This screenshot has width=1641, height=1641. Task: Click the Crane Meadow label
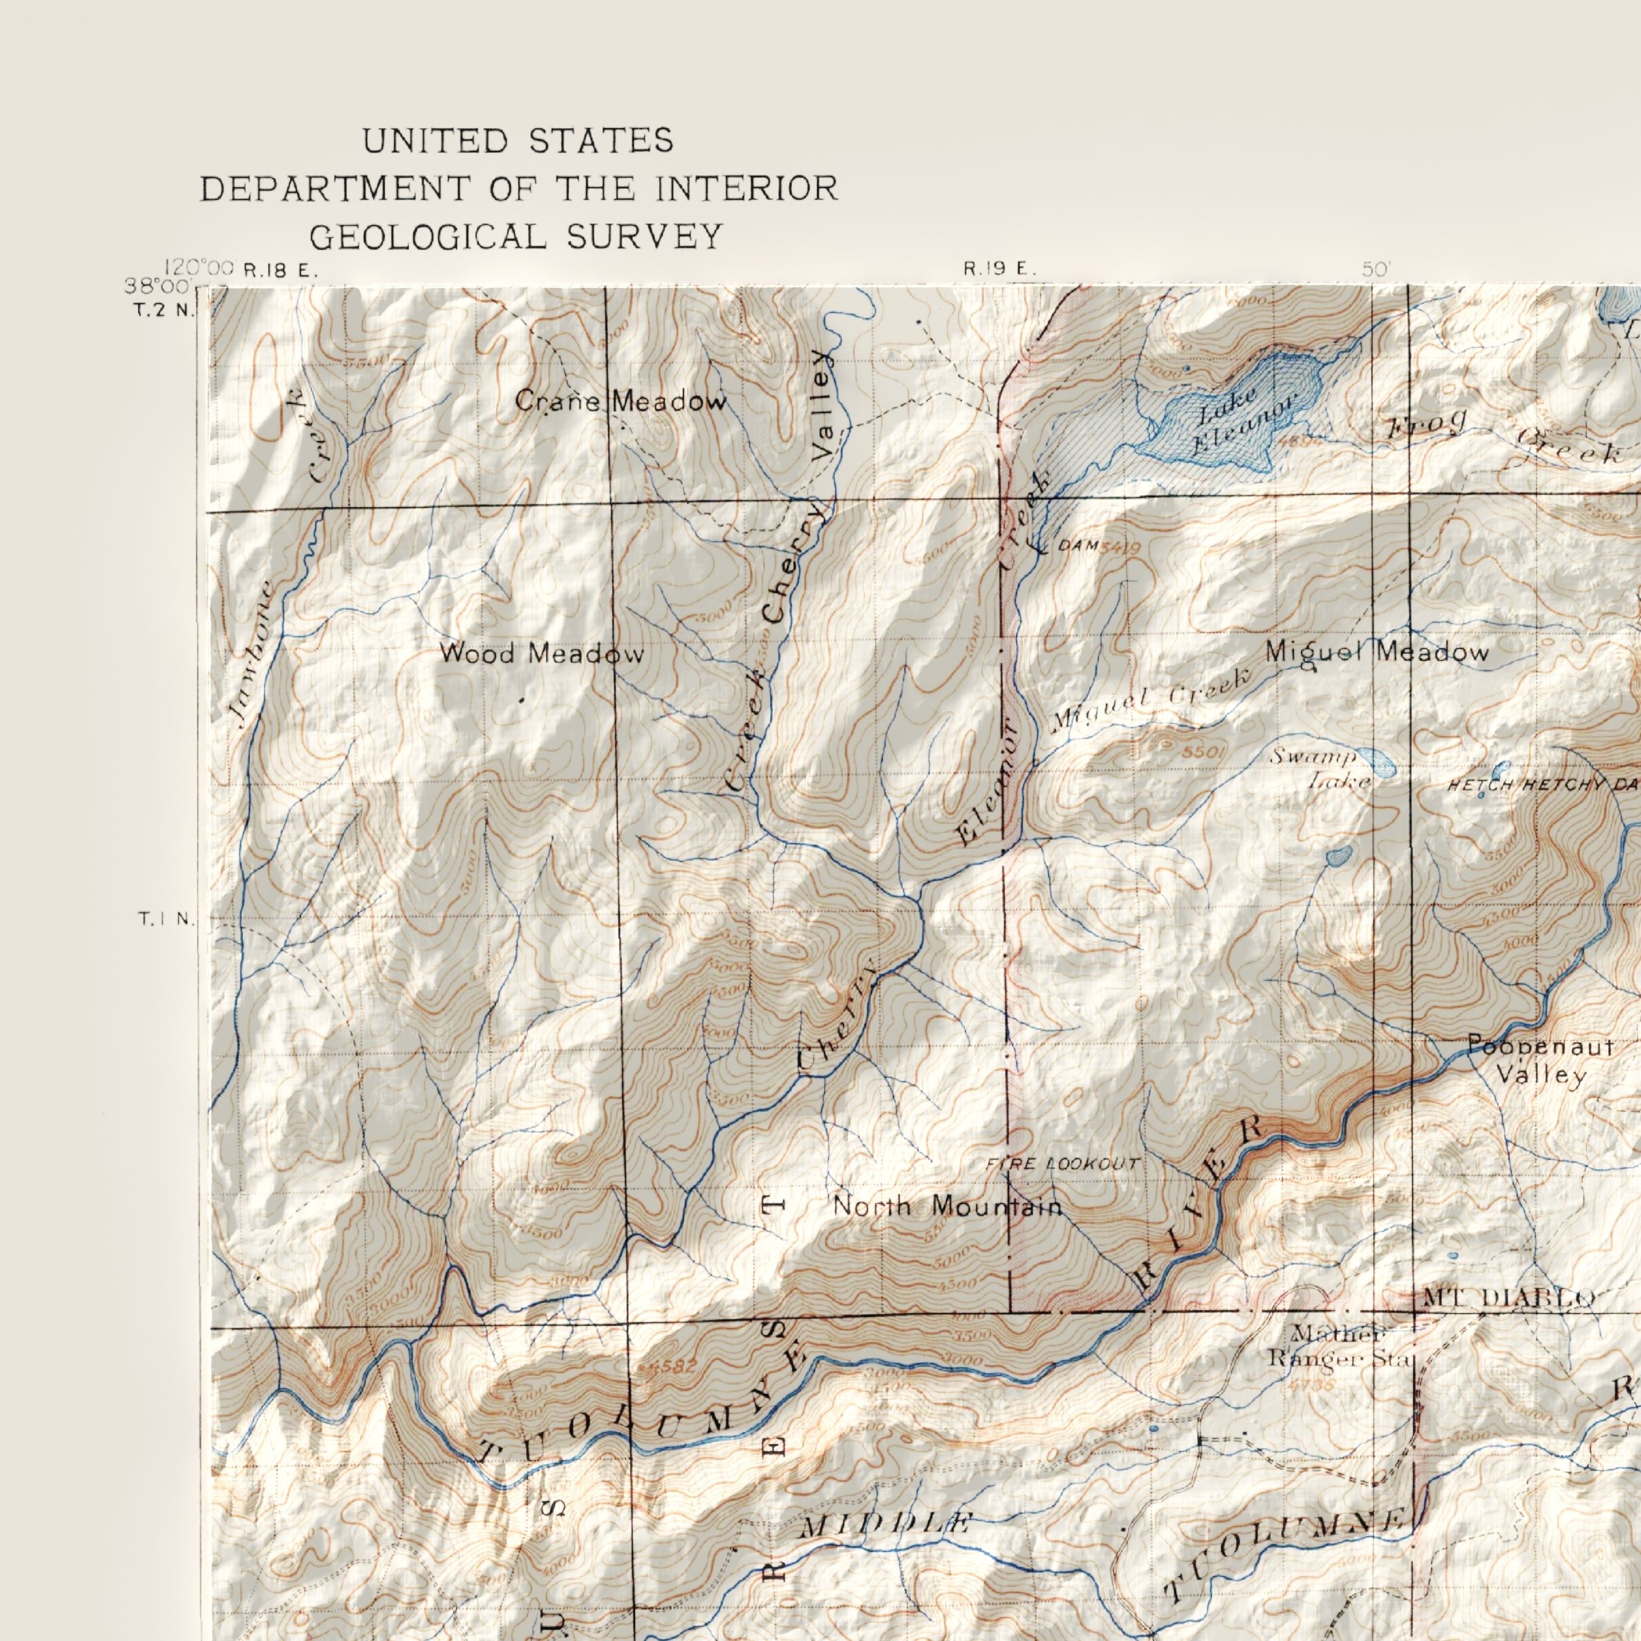(x=621, y=401)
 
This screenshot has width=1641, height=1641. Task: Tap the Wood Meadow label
(x=541, y=653)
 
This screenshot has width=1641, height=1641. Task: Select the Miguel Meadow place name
(x=1377, y=652)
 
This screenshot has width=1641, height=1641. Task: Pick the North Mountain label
(x=947, y=1206)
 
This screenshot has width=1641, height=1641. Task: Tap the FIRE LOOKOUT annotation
(x=1062, y=1163)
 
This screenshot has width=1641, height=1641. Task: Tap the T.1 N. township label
(x=167, y=919)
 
